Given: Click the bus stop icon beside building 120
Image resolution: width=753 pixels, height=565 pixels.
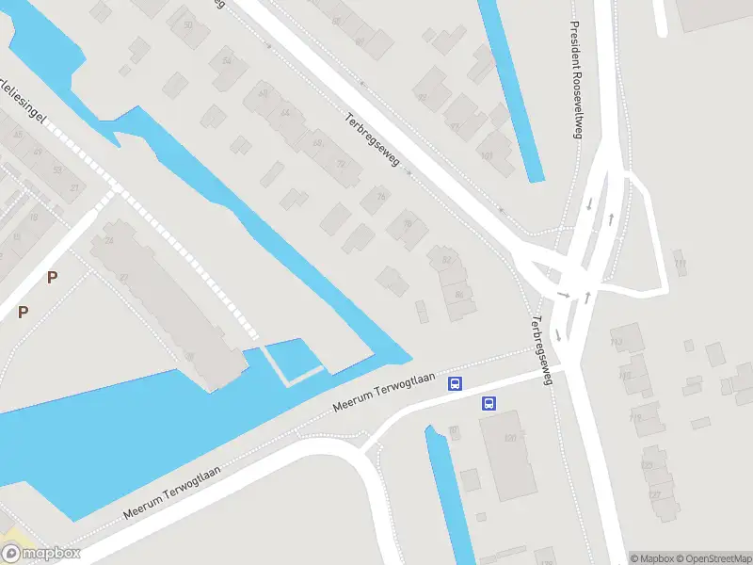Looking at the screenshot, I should [x=489, y=404].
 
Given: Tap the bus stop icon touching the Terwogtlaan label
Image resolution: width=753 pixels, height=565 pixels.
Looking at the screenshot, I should [x=455, y=383].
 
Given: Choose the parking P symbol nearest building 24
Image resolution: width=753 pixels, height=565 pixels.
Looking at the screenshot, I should [x=53, y=277].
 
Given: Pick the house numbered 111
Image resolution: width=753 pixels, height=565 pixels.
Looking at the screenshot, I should [x=680, y=263].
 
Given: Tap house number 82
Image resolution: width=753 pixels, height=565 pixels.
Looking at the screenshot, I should [x=446, y=260].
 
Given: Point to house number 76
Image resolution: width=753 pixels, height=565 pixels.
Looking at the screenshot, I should [x=408, y=224].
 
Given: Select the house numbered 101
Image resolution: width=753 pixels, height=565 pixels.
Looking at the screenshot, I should [x=486, y=156].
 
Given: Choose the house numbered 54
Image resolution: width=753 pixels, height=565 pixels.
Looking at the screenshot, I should [x=227, y=61].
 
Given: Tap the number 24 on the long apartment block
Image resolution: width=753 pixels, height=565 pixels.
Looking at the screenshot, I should [x=109, y=241].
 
